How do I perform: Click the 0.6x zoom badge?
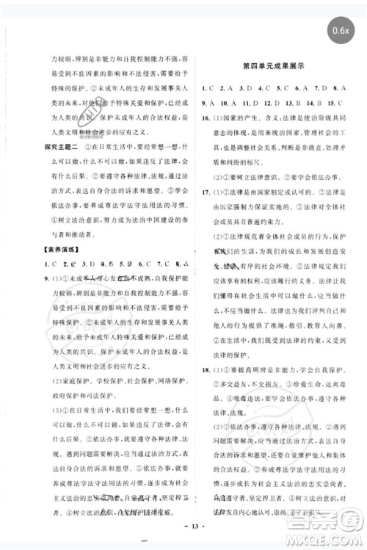(x=340, y=31)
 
